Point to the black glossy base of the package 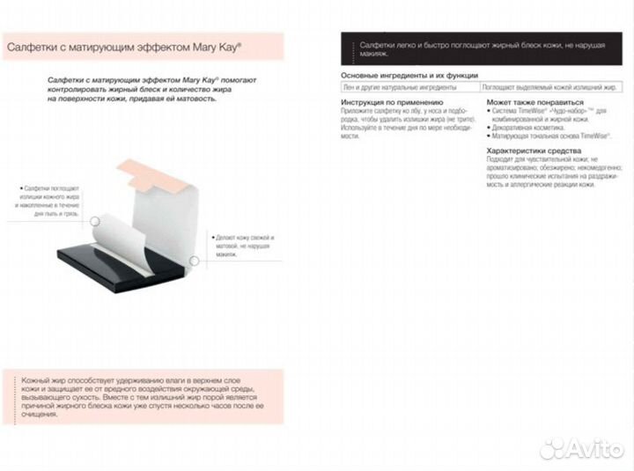(x=114, y=264)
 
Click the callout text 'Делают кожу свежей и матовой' (x=242, y=242)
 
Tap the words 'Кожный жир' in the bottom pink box (x=41, y=377)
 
